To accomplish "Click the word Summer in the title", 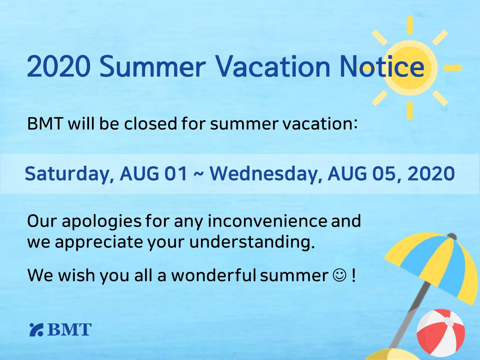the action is click(152, 66).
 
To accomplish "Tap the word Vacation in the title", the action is click(273, 66).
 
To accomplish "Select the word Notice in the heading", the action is click(382, 66).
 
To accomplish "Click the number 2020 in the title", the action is click(59, 66).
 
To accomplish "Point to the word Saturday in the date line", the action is click(67, 174).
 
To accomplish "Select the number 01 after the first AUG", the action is click(176, 174).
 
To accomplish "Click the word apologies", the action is click(102, 222).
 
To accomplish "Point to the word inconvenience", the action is click(267, 221).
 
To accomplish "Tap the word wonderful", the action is click(213, 275).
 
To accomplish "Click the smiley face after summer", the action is click(340, 275).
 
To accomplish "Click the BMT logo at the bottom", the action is click(61, 330).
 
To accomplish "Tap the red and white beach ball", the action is click(441, 333).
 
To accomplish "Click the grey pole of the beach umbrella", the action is click(409, 315).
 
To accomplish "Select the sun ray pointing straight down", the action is click(410, 110).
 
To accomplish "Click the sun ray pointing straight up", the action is click(410, 25).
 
